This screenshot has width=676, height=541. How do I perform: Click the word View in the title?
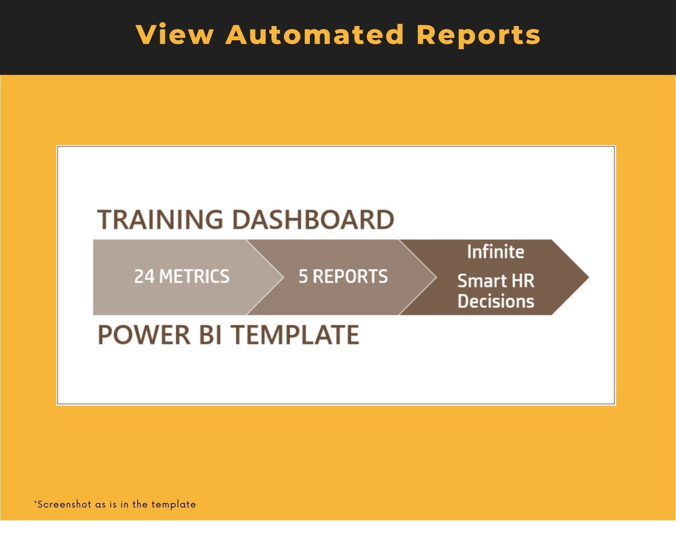point(174,34)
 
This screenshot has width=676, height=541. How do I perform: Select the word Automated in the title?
point(315,34)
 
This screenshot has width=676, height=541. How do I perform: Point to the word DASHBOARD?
point(313,219)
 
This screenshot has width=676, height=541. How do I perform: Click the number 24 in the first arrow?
point(144,276)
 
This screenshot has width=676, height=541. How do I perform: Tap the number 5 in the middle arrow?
point(303,276)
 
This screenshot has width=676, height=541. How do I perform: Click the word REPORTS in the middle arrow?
point(350,276)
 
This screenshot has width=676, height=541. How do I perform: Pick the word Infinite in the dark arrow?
point(495,252)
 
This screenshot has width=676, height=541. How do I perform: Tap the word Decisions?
point(495,301)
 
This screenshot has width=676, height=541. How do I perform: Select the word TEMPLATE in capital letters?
point(295,335)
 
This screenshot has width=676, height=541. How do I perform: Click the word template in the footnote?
point(173,505)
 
